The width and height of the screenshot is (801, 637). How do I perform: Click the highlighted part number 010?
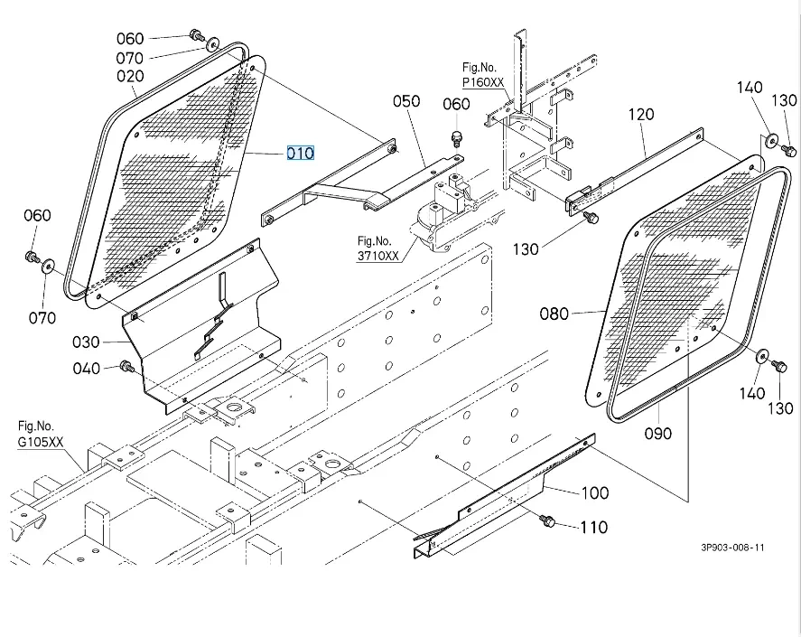pos(301,153)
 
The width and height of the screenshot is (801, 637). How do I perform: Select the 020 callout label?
pos(130,77)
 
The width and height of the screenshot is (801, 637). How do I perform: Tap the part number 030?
pos(87,342)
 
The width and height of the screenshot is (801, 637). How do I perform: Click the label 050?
pos(406,101)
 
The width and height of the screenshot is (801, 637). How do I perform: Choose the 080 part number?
pos(554,314)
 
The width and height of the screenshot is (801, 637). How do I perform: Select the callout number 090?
pos(658,434)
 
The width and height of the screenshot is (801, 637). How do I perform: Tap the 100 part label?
pos(594,493)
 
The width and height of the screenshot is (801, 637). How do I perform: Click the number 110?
pos(593,528)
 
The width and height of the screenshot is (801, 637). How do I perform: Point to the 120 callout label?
pos(640,115)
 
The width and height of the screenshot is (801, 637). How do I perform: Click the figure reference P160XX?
pos(483,82)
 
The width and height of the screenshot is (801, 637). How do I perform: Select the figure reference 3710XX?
pos(377,256)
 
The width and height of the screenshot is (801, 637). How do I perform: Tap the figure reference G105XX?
pos(42,442)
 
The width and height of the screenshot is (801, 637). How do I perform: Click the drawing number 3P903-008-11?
pos(731,548)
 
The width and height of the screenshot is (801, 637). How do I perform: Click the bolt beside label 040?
pos(126,366)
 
